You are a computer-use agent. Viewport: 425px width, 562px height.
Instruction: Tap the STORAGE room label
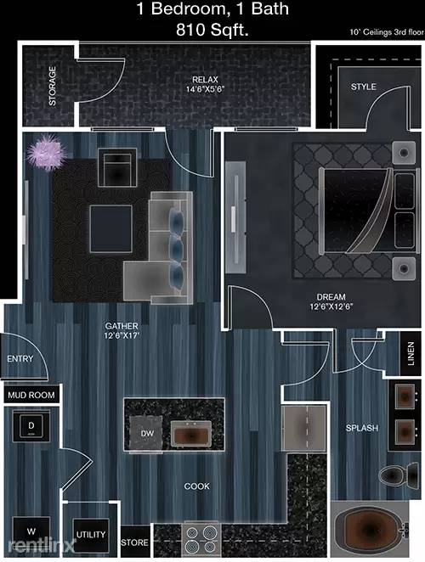(52, 86)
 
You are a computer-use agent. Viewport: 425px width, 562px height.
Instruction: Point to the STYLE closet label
(364, 87)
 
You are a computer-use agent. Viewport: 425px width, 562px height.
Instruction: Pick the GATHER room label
(122, 330)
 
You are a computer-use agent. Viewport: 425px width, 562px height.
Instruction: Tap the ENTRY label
(20, 359)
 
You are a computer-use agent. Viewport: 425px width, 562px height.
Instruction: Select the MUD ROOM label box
(31, 395)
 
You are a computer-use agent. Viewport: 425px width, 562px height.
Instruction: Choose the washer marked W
(31, 532)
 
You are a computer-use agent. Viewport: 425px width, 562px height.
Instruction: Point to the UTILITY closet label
(90, 535)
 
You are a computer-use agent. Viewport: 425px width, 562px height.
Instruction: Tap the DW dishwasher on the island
(146, 434)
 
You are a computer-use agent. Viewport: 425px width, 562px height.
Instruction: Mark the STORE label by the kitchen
(135, 542)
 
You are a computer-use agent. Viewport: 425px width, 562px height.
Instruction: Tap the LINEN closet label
(411, 352)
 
